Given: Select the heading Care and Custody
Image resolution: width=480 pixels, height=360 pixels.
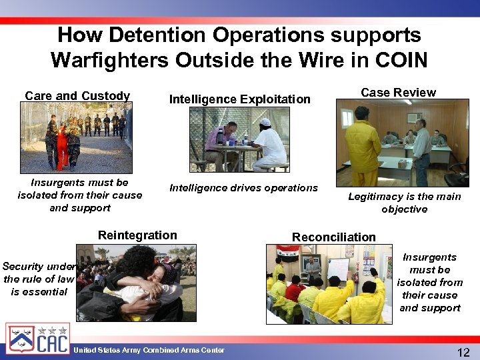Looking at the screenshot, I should (x=77, y=95).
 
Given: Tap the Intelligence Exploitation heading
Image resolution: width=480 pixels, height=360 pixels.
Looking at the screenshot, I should (x=239, y=99).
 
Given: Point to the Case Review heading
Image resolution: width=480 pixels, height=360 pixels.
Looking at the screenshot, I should (x=398, y=93).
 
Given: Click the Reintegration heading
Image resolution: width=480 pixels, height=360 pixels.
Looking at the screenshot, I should (x=137, y=235).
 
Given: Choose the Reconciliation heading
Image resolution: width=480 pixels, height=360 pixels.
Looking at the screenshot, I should (x=333, y=237).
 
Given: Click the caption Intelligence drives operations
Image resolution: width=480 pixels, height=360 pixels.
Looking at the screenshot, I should (x=243, y=188).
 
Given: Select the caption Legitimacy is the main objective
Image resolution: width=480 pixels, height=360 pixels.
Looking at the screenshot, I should (x=404, y=202).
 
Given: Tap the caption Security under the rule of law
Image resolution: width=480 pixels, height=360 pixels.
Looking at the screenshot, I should (x=39, y=279).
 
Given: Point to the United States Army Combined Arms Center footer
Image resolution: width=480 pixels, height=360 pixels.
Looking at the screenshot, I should (x=149, y=350).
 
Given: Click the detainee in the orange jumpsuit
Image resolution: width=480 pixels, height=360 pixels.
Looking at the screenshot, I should (x=61, y=144).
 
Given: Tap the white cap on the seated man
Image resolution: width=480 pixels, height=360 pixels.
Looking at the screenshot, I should (x=265, y=122).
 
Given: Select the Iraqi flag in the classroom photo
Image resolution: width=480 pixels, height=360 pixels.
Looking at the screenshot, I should (x=288, y=252).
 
